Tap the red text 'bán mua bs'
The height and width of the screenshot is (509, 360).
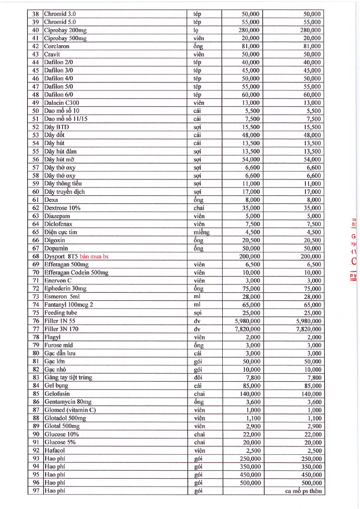pyautogui.click(x=94, y=256)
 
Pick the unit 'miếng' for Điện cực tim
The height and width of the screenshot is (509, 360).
pyautogui.click(x=201, y=232)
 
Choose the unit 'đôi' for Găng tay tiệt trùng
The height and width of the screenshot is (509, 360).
pyautogui.click(x=197, y=378)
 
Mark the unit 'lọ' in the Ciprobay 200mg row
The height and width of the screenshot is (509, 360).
pyautogui.click(x=196, y=30)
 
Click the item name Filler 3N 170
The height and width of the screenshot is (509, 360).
pyautogui.click(x=62, y=329)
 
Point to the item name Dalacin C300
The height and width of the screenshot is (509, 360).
pyautogui.click(x=62, y=103)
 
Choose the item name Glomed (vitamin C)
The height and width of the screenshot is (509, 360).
pyautogui.click(x=70, y=410)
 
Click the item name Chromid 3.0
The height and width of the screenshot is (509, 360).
pyautogui.click(x=60, y=14)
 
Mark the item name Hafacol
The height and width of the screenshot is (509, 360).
pyautogui.click(x=54, y=450)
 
